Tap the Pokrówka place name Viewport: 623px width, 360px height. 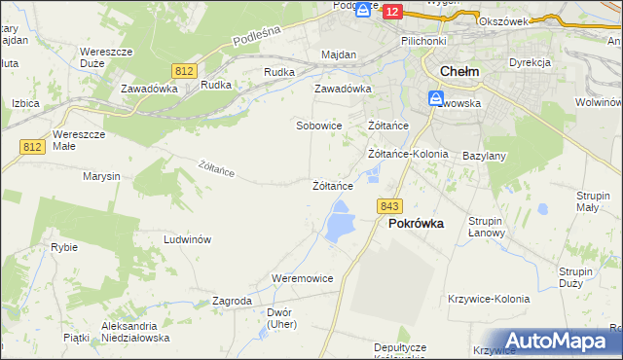point(416,223)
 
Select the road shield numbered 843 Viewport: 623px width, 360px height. point(390,205)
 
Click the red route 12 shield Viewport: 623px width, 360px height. point(392,11)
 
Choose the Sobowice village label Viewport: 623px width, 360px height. point(318,126)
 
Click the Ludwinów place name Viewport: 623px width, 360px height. point(188,239)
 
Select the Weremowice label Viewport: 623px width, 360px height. point(302,278)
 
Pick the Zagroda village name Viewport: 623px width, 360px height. point(232,302)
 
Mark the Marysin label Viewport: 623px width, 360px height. point(101,177)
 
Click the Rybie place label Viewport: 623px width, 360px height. point(64,247)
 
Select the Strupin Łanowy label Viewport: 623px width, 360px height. point(485,227)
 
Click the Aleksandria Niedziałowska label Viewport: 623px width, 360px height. point(135,332)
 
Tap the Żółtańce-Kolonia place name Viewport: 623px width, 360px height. point(408,154)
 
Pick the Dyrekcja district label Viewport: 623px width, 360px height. point(530,62)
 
